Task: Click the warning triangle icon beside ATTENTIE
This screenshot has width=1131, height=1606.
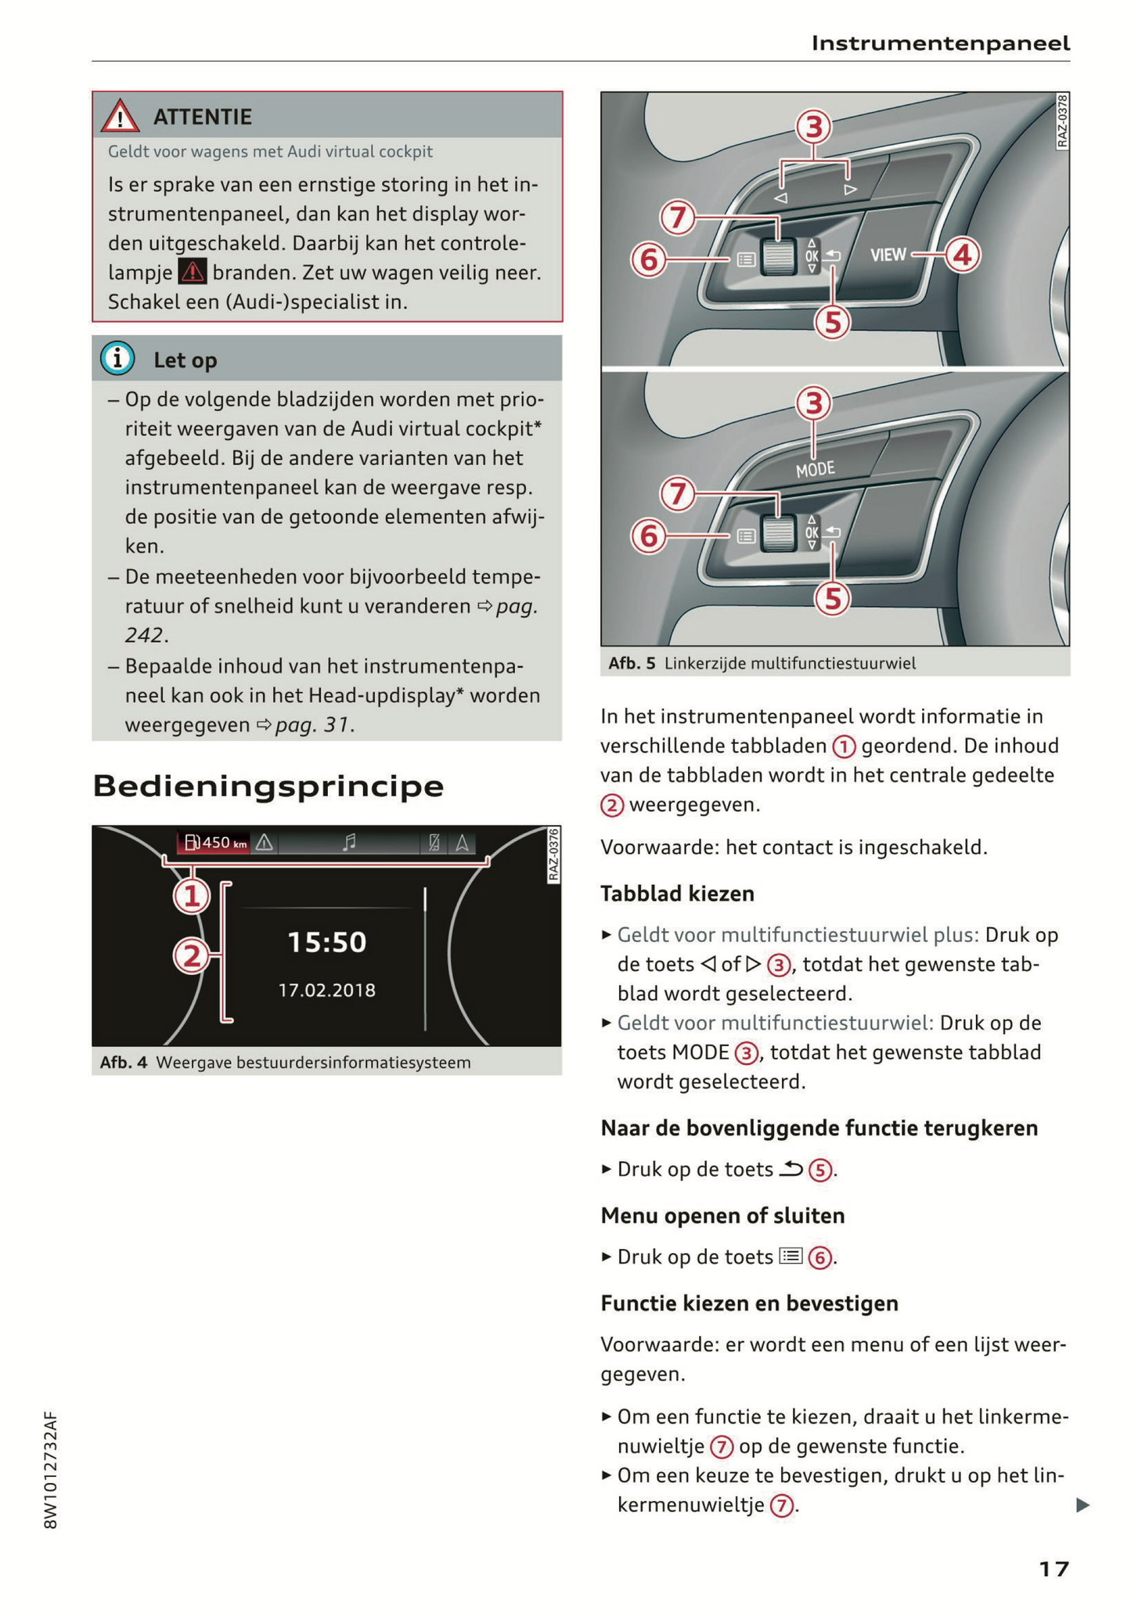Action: [x=120, y=116]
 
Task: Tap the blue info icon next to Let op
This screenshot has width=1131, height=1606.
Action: [x=117, y=359]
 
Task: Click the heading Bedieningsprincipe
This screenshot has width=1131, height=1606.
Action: [x=268, y=785]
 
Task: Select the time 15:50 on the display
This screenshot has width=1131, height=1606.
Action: [x=326, y=941]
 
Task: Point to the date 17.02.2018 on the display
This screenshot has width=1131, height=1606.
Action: [x=326, y=990]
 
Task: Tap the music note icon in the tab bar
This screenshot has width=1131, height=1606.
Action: [x=349, y=843]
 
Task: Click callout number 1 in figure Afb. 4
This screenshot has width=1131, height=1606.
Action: [x=192, y=896]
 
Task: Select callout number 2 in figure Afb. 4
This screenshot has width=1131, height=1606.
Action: [x=192, y=956]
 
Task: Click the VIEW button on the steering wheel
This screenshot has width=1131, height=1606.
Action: [x=888, y=254]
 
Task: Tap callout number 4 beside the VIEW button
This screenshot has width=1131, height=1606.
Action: [x=962, y=254]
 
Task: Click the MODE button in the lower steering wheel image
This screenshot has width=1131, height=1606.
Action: [x=815, y=469]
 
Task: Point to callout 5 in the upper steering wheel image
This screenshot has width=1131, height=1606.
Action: [x=832, y=322]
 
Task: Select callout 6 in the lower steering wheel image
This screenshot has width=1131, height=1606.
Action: [x=649, y=536]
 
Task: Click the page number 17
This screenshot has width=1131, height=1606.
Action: [x=1054, y=1568]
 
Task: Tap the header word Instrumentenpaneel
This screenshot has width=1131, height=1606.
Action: [x=940, y=43]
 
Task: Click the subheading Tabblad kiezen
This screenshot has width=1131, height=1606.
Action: [x=677, y=893]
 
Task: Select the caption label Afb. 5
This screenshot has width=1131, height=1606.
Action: [x=631, y=663]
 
